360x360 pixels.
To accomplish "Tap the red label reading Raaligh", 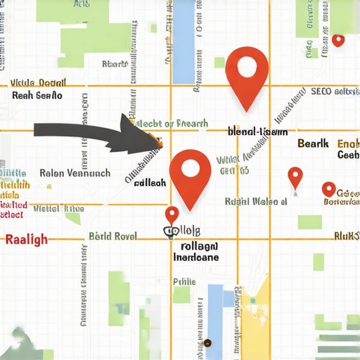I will click(x=26, y=239).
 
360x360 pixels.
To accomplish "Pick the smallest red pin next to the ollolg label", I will click(x=172, y=214).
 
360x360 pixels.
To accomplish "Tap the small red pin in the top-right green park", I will click(x=338, y=40).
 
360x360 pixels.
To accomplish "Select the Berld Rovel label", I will click(x=112, y=236).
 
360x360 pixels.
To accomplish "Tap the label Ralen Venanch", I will click(x=75, y=173).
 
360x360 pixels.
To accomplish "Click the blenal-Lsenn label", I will click(x=258, y=131).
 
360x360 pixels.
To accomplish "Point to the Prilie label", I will click(x=184, y=281).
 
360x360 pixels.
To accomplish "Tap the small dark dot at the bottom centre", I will click(x=208, y=343).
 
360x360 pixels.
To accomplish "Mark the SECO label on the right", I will click(x=321, y=91).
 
